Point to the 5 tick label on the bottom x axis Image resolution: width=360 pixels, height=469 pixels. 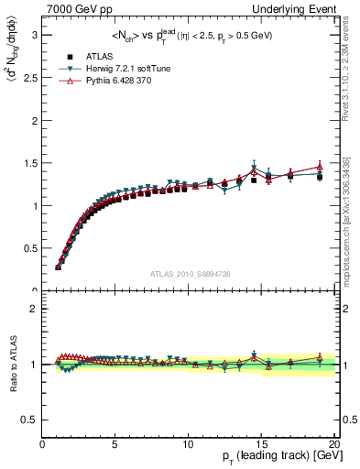(115, 446)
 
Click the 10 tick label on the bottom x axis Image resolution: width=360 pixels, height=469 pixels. (188, 446)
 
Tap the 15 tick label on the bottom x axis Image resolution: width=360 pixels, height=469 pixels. (261, 446)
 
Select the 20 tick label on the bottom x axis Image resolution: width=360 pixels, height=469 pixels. (333, 446)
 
